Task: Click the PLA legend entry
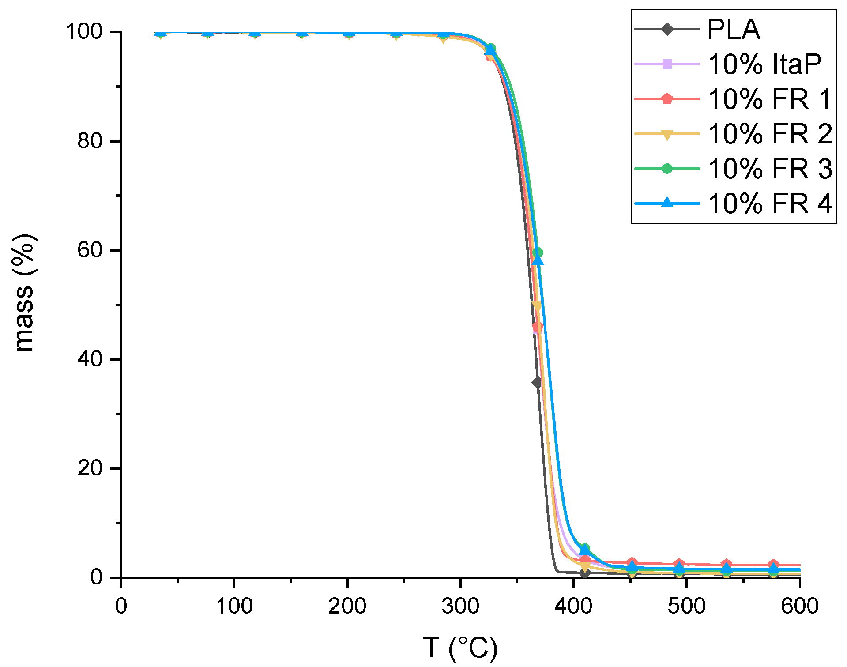pos(734,30)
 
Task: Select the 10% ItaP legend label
pos(764,64)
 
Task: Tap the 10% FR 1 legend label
pos(770,99)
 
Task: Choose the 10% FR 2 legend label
pos(770,134)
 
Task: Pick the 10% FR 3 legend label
pos(770,169)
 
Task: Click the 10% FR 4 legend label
pos(770,203)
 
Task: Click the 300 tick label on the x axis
pos(460,606)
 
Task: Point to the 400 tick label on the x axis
pos(573,606)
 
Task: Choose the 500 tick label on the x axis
pos(686,606)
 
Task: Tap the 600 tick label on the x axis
pos(799,606)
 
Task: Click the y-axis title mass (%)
pos(24,293)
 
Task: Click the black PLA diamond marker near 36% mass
pos(537,382)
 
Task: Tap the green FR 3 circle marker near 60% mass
pos(538,253)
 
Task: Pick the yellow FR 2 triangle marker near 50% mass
pos(537,305)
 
